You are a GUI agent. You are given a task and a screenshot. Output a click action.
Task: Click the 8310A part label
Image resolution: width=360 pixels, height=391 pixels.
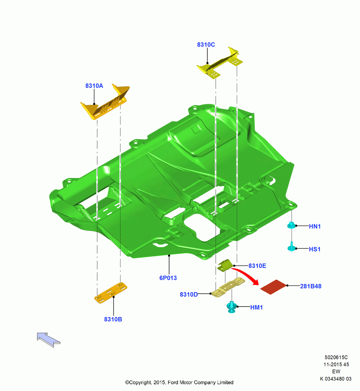point(94,86)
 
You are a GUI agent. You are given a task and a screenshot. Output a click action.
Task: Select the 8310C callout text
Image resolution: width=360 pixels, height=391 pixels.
point(206,45)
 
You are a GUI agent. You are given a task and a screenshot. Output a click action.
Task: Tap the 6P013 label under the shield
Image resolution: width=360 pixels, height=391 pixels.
point(168,278)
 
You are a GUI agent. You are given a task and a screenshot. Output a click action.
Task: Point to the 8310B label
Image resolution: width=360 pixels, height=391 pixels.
point(113,319)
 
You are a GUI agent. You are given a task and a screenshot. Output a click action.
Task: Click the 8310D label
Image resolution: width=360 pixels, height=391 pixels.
point(189,294)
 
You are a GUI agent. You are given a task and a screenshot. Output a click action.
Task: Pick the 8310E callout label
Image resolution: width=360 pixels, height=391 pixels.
point(257,266)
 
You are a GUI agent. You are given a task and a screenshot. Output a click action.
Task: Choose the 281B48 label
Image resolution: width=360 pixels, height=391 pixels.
point(311,286)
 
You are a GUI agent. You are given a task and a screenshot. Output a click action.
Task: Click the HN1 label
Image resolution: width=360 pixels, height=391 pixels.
point(315,226)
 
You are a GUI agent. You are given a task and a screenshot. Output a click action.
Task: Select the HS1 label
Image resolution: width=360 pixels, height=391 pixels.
point(315,249)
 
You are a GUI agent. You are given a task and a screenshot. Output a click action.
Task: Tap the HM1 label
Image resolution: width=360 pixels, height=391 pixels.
point(256,307)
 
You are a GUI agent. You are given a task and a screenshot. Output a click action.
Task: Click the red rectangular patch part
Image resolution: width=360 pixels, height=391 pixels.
point(274,287)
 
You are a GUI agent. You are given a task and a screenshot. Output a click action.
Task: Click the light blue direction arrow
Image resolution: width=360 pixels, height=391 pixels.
point(49,339)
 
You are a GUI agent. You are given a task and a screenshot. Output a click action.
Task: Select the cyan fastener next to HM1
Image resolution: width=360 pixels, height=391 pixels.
point(232,307)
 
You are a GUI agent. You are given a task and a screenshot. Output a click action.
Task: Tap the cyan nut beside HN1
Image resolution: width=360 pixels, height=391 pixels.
point(291,225)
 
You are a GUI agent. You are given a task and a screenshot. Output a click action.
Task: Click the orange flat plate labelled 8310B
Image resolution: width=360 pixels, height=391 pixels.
point(110,293)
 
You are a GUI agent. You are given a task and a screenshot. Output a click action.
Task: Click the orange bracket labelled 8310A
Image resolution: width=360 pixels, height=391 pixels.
point(105,102)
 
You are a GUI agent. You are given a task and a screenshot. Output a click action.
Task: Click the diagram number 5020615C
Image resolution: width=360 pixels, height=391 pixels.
point(336,357)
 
